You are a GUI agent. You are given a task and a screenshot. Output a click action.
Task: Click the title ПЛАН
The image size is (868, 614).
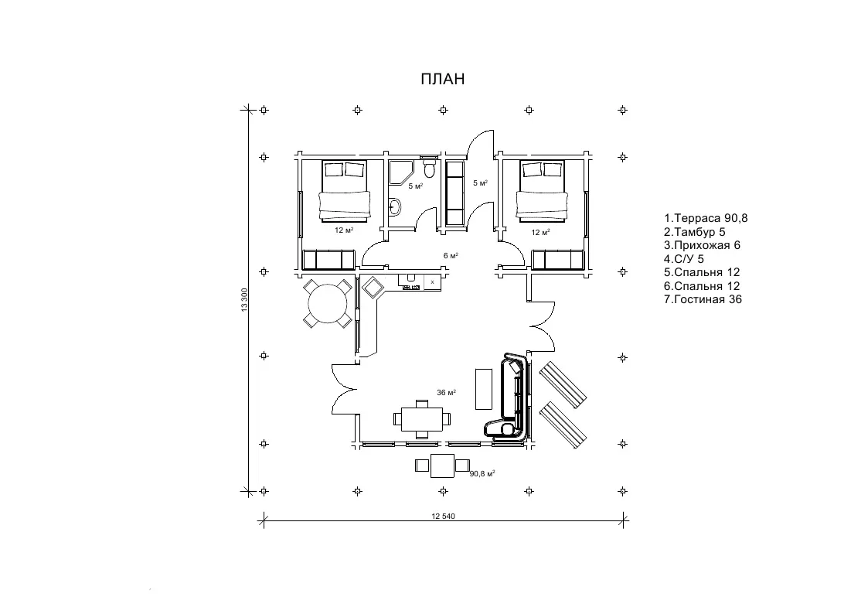click(x=442, y=80)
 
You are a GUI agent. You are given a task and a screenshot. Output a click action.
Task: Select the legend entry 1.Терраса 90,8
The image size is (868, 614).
click(x=706, y=218)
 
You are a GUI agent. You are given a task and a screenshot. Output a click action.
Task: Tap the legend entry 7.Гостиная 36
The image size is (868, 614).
click(x=703, y=299)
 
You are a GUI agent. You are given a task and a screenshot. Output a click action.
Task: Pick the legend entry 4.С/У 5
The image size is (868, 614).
click(x=684, y=259)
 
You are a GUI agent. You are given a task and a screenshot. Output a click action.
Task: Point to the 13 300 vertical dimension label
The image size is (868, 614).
click(x=244, y=299)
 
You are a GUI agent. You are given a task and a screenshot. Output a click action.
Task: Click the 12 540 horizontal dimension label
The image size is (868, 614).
click(x=443, y=516)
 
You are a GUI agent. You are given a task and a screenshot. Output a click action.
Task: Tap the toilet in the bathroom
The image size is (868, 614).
click(x=430, y=168)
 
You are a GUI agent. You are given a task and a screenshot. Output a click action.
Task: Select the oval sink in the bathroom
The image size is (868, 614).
click(x=395, y=206)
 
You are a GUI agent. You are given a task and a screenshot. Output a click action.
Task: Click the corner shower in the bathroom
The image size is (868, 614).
click(x=400, y=172)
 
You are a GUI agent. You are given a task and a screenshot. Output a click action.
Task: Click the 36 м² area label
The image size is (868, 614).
click(x=446, y=393)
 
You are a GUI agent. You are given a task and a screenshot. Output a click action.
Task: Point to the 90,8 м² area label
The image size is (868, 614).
click(x=482, y=473)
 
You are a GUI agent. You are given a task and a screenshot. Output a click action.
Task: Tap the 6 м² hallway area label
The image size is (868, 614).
click(x=451, y=255)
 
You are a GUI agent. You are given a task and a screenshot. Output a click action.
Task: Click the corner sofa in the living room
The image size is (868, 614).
click(x=509, y=398)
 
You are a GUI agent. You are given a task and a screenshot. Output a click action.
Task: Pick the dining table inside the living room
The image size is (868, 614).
click(x=421, y=419)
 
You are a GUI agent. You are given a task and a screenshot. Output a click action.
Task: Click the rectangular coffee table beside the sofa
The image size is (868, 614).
click(x=483, y=389)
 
